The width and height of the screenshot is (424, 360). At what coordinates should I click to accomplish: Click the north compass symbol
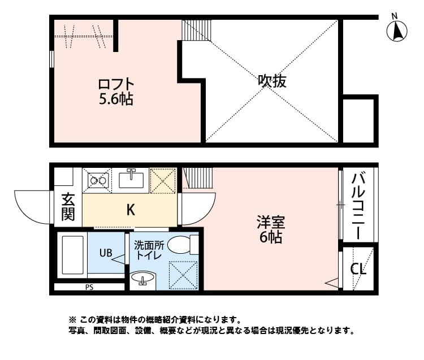pyautogui.click(x=397, y=30)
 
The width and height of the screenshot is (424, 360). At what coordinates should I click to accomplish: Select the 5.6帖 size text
pyautogui.click(x=116, y=99)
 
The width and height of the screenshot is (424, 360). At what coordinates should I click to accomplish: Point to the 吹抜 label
pyautogui.click(x=272, y=81)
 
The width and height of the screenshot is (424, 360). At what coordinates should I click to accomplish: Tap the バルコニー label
pyautogui.click(x=358, y=205)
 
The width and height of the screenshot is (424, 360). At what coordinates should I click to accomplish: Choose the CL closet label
pyautogui.click(x=358, y=268)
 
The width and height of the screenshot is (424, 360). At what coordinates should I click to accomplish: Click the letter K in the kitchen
pyautogui.click(x=130, y=210)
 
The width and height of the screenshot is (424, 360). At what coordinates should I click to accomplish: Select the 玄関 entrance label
pyautogui.click(x=68, y=207)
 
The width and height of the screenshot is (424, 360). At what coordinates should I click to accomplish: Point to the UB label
pyautogui.click(x=106, y=253)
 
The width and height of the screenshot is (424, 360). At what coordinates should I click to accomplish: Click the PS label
pyautogui.click(x=89, y=287)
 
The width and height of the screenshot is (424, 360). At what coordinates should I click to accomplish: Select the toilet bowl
pyautogui.click(x=181, y=245)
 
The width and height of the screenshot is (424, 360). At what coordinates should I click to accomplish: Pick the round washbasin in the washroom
pyautogui.click(x=142, y=278)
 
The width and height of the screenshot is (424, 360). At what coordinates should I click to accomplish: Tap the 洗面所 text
pyautogui.click(x=149, y=245)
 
